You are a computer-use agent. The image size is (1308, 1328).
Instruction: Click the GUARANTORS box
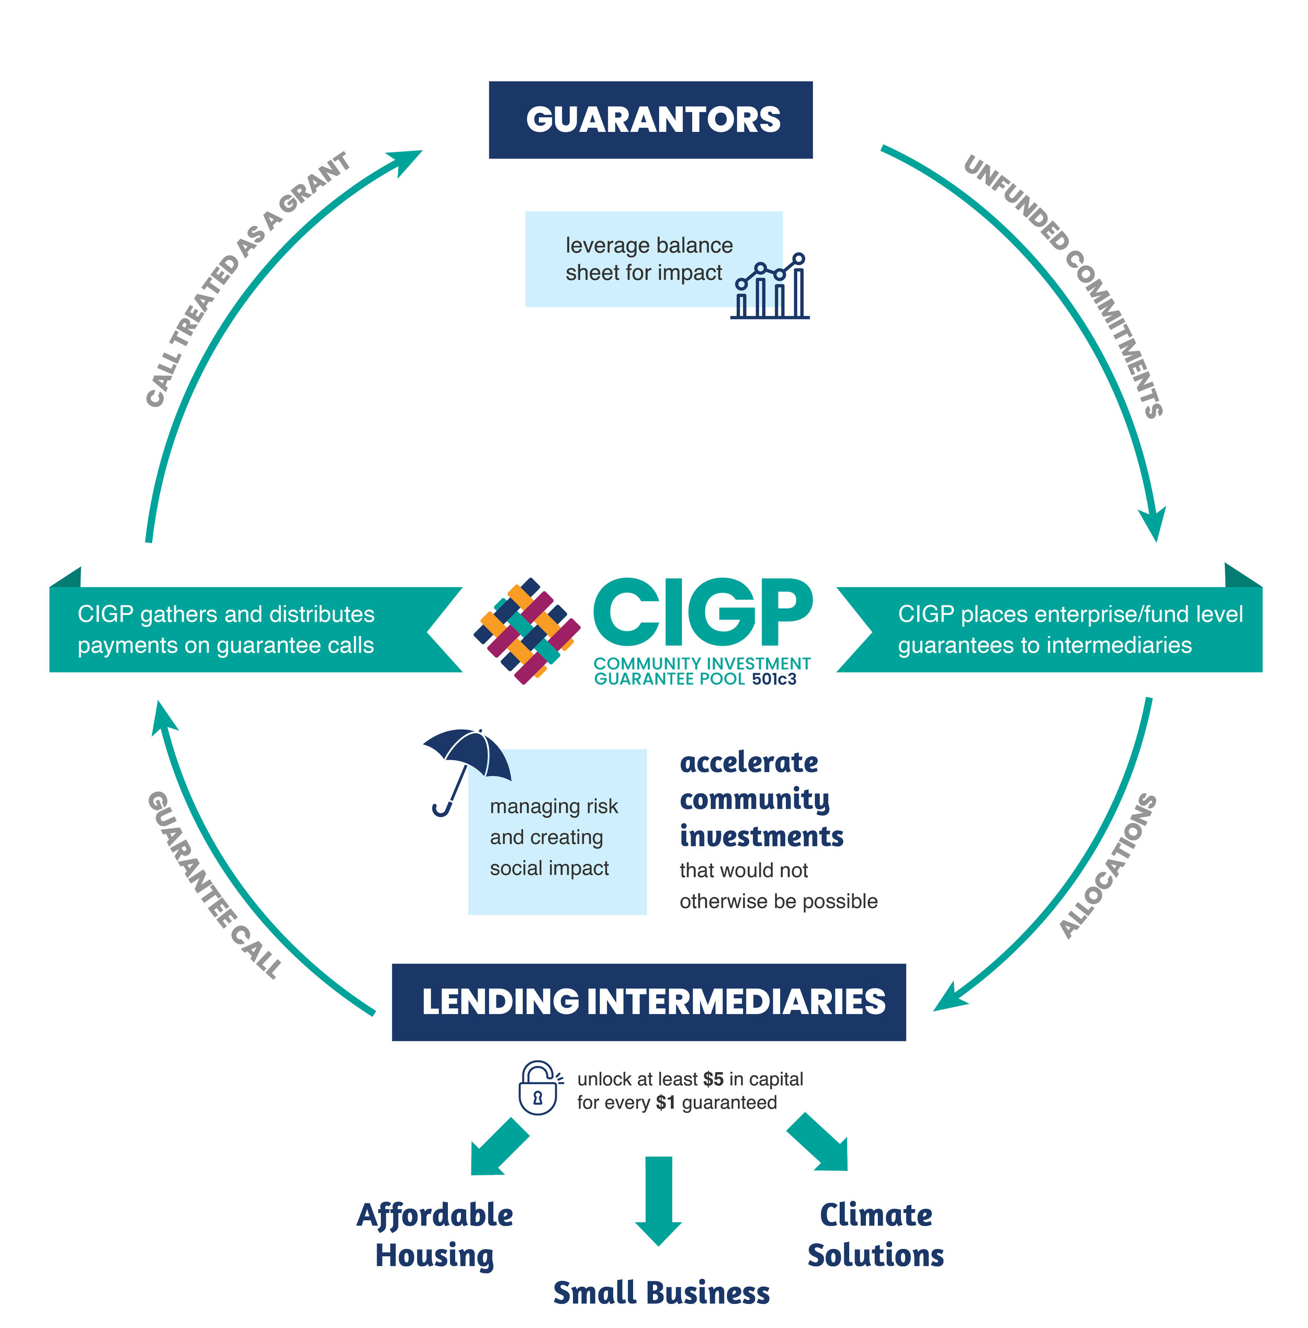(x=650, y=120)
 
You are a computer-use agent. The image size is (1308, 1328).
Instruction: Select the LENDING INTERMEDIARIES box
(x=648, y=1001)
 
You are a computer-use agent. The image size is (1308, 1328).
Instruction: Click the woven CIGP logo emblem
(x=527, y=631)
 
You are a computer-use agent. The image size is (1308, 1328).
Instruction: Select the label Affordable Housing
(x=434, y=1234)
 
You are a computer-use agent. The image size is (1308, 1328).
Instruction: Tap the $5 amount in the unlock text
(x=713, y=1079)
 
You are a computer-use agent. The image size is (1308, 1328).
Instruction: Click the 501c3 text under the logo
(x=774, y=680)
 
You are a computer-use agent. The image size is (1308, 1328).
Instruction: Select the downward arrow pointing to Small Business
(x=658, y=1199)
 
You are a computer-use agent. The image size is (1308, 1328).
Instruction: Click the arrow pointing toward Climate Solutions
(x=820, y=1144)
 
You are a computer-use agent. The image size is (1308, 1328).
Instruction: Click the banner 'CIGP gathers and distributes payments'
(x=226, y=629)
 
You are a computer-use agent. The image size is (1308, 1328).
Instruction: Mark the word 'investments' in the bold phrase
(x=761, y=837)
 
